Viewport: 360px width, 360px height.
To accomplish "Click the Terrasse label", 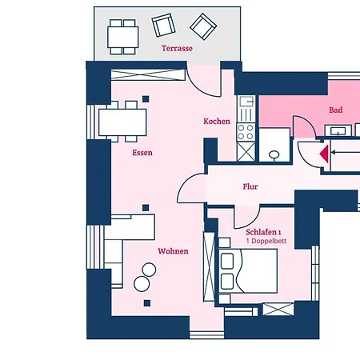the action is (177, 48).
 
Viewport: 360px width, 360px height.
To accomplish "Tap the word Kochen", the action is (217, 122).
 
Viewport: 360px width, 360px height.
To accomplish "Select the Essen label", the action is (142, 153).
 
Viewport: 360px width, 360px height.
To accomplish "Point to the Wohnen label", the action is (173, 251).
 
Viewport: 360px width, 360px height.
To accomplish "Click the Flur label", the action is (250, 186).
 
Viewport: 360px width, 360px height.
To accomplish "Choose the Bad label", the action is (336, 110).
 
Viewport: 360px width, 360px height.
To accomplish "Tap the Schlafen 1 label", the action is (263, 232).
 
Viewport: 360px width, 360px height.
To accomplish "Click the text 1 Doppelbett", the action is (266, 241).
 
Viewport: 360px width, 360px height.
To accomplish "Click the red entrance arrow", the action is (324, 154).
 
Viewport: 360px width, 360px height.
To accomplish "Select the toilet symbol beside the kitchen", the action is (274, 154).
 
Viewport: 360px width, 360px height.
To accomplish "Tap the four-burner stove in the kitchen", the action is (246, 132).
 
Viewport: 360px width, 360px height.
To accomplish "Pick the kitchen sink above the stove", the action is (246, 102).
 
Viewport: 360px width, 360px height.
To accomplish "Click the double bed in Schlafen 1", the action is (248, 271).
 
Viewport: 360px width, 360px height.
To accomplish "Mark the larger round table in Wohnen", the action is (142, 284).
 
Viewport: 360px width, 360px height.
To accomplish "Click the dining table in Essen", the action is (122, 122).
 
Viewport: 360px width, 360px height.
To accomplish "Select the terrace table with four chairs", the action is (122, 37).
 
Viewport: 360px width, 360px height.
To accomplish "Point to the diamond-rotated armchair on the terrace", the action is (203, 26).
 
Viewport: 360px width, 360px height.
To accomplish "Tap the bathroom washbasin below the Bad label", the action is (338, 130).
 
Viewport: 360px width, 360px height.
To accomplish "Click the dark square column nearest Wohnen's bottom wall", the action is (147, 303).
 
